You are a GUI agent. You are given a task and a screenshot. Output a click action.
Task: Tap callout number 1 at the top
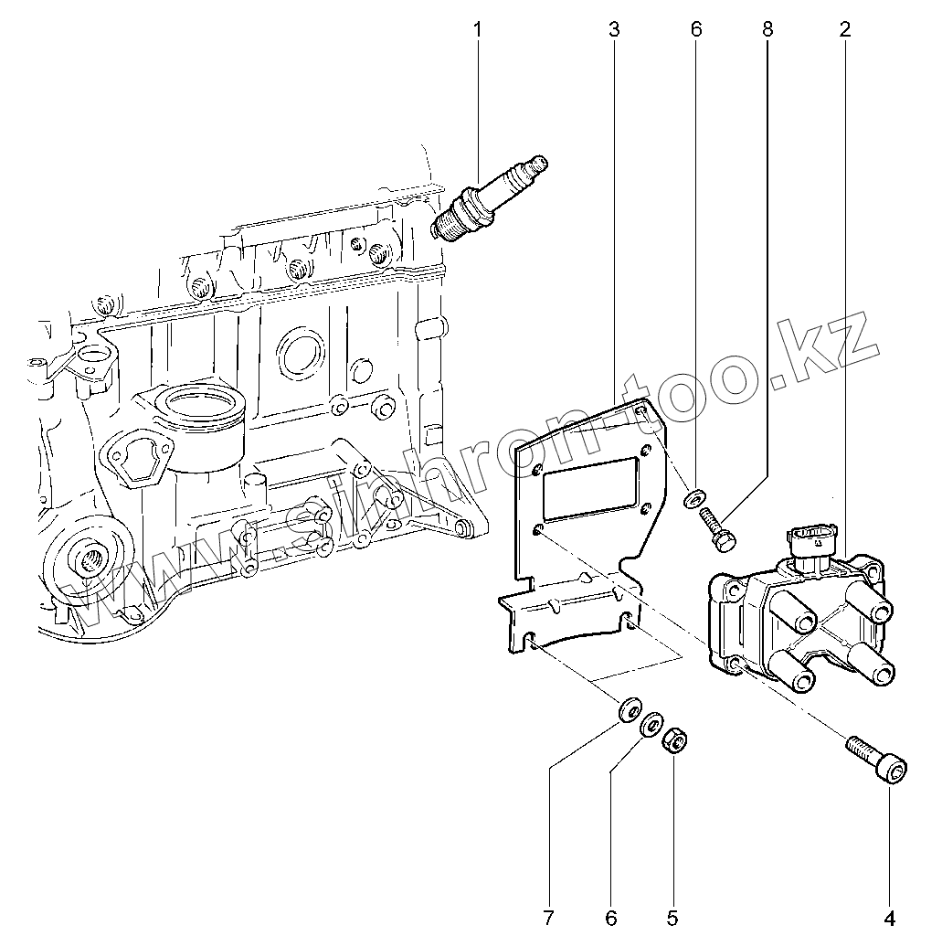(x=476, y=30)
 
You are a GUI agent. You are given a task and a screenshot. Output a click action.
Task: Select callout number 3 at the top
(x=613, y=30)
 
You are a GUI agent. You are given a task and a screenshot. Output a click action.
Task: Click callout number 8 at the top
(x=767, y=30)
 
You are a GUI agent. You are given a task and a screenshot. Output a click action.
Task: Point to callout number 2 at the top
(x=845, y=30)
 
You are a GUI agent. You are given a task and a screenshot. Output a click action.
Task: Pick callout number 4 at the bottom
(x=889, y=915)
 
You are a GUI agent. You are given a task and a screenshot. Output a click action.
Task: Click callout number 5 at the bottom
(x=673, y=915)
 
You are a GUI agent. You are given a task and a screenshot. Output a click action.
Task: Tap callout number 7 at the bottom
(x=548, y=915)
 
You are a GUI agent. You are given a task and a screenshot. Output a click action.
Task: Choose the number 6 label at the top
(x=696, y=30)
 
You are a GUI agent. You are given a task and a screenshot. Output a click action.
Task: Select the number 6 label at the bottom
(x=610, y=915)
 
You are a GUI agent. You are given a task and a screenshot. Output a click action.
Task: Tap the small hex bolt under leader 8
(x=716, y=531)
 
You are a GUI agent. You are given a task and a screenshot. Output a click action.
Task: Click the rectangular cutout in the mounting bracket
(x=590, y=485)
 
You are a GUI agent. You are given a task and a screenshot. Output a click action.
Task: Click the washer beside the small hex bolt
(x=694, y=498)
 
